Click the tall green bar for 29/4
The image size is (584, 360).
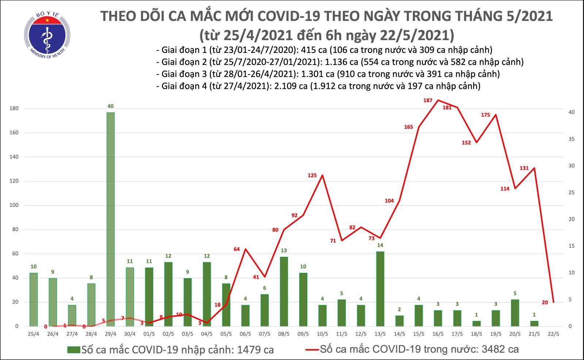tap(110, 219)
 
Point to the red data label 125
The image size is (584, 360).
tap(312, 175)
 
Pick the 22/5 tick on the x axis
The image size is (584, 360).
tap(553, 333)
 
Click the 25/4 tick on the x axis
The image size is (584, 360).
tap(34, 333)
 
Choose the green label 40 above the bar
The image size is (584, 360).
tap(110, 106)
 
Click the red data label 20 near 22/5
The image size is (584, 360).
tap(545, 302)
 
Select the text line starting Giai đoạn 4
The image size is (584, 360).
tap(318, 86)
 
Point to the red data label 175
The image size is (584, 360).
tap(485, 115)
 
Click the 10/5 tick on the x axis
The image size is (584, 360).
tap(322, 333)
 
